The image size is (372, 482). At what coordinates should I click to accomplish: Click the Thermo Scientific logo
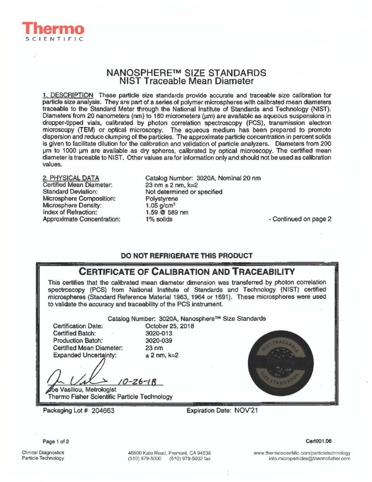coord(53,32)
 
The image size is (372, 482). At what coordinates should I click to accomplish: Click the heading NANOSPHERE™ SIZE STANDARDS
coord(187,73)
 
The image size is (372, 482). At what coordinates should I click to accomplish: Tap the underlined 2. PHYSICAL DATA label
coord(71,178)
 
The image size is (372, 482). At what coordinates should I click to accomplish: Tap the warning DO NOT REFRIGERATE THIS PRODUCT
coord(187,256)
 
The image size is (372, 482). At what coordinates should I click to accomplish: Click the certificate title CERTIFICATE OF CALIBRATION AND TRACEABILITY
coord(187,272)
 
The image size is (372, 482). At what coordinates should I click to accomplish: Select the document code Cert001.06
coord(318,441)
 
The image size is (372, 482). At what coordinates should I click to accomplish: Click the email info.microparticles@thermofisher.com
coord(309,458)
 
